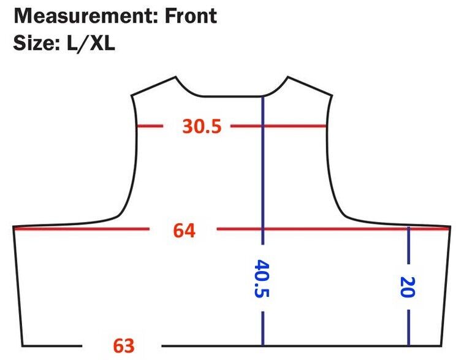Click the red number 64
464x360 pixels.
click(x=184, y=231)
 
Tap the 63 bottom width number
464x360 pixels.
click(x=123, y=346)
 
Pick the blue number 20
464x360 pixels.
click(x=407, y=286)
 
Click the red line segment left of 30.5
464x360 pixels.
click(x=149, y=126)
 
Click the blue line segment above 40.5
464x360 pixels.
click(x=262, y=166)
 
